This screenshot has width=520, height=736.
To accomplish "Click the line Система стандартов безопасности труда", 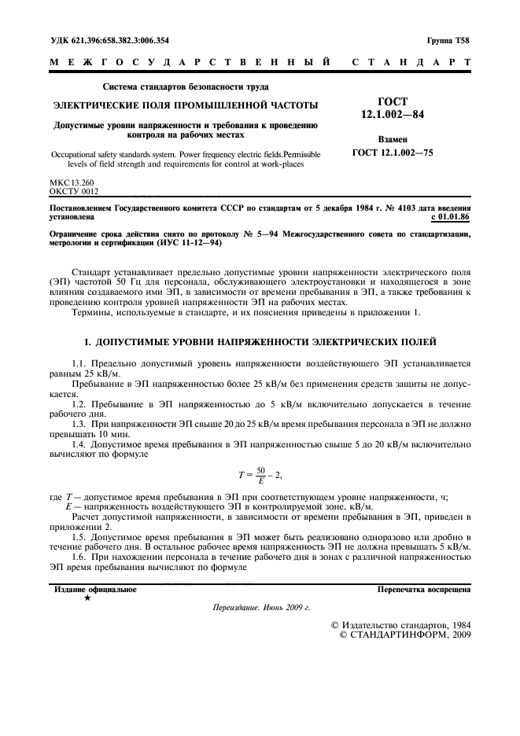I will click(186, 86).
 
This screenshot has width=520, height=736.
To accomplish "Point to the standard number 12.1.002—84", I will click(392, 116).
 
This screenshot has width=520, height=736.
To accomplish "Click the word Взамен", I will click(392, 138).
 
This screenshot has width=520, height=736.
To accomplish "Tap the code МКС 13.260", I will click(71, 182).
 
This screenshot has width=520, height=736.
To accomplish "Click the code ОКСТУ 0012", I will click(74, 190).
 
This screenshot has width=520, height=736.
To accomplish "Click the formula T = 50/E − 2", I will click(260, 474).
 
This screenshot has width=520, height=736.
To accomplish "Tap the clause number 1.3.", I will click(78, 424).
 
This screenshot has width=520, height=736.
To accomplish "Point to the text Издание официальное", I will click(94, 588).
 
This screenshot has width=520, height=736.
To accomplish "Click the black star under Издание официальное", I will click(87, 598).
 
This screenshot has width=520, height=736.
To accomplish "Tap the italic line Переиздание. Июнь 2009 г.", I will click(260, 608).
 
